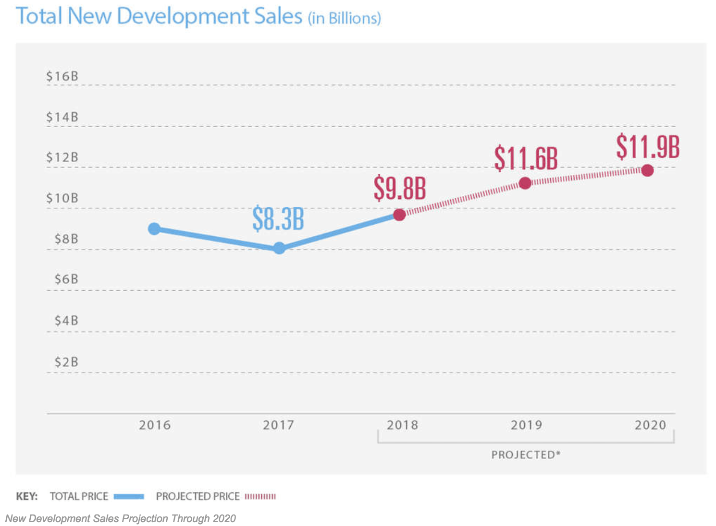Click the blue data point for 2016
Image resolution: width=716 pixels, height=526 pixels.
point(154,229)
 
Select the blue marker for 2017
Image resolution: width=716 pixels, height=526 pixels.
point(279,248)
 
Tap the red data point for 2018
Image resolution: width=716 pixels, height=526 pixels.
point(399,215)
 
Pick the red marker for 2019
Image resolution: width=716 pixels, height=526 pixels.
point(525,183)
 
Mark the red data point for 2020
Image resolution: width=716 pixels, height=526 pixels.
point(648,170)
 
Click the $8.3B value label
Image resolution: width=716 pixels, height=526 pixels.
point(278,218)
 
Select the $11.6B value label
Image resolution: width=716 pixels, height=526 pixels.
point(526,158)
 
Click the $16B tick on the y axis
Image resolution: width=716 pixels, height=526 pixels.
point(62,76)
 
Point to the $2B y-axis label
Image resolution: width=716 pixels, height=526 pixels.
point(66,362)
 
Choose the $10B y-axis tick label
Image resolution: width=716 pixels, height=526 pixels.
point(62,198)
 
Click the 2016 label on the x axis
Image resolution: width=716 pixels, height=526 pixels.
point(155,425)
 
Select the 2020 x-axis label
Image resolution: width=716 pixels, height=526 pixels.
point(650,425)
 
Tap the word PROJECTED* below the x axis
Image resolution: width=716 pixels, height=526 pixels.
point(526,454)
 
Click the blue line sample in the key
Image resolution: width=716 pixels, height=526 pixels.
point(129,497)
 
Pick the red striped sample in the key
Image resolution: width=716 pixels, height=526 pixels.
point(260,497)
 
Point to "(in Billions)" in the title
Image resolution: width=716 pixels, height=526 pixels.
point(345,18)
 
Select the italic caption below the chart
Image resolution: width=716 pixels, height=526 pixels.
point(121,518)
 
